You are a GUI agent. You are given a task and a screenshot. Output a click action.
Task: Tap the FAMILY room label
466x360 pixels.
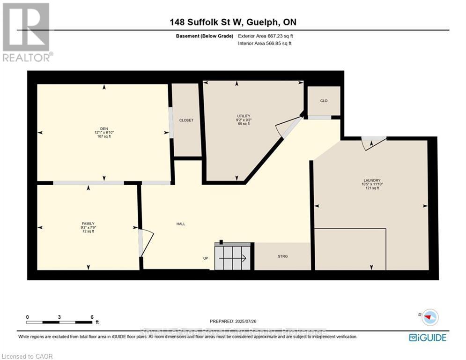[88, 224]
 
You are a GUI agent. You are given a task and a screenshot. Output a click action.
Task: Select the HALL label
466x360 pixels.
[180, 224]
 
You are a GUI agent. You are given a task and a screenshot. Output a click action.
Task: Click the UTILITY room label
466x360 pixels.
[244, 116]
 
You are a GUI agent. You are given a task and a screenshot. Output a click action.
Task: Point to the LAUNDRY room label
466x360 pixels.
[372, 180]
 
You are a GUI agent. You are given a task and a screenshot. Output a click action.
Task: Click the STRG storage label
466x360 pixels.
[282, 256]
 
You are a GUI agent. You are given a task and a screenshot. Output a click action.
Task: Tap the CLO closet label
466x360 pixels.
[324, 101]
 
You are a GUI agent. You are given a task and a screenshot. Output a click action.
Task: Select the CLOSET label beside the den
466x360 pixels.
[186, 120]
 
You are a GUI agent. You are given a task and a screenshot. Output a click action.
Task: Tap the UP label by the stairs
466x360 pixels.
[205, 258]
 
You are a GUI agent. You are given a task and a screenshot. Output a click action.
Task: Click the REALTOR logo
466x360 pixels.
[27, 32]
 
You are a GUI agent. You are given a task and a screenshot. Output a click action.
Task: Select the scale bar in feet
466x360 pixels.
[59, 322]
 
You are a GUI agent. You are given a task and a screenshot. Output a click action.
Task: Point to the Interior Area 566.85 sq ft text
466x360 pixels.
[265, 44]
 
